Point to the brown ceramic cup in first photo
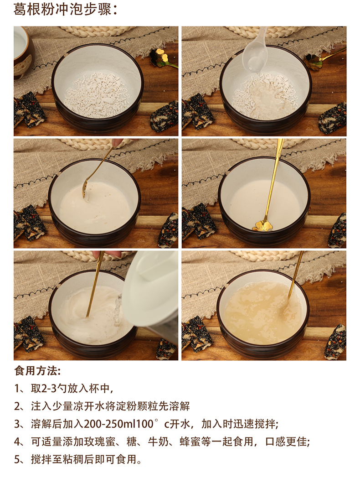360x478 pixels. (x=22, y=52)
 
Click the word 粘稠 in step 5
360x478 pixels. (x=83, y=459)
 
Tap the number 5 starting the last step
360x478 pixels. (x=17, y=459)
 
